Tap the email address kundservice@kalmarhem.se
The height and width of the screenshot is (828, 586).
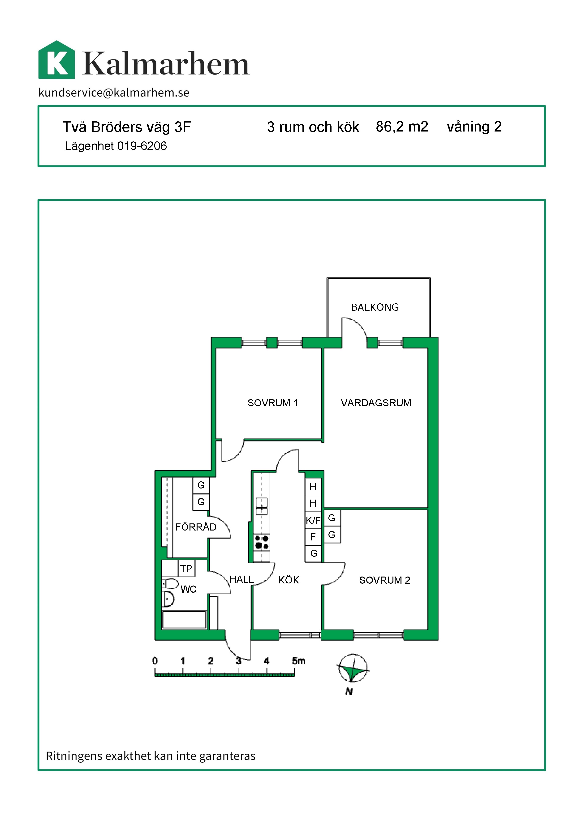(x=114, y=93)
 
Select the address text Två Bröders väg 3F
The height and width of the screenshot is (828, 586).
(x=127, y=127)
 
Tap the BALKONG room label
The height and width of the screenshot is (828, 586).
(x=375, y=307)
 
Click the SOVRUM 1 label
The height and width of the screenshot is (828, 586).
(x=273, y=403)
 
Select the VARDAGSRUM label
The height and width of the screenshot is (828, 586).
(x=376, y=403)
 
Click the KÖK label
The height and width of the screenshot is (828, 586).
(x=289, y=580)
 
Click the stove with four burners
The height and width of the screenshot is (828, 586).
(x=262, y=542)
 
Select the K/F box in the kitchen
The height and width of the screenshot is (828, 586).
(x=313, y=520)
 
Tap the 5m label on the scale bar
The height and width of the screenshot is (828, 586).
(x=298, y=661)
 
